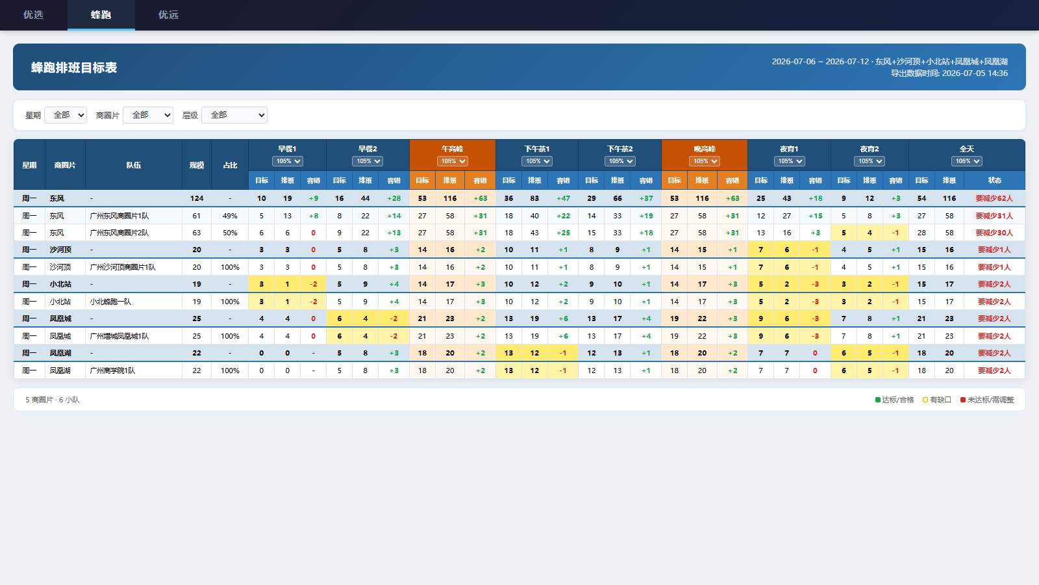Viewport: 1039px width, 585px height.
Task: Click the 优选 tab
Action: [x=33, y=15]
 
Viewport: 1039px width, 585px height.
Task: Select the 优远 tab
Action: [x=168, y=15]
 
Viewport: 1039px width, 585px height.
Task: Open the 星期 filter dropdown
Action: [x=66, y=115]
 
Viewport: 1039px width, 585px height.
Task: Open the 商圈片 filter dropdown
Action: [x=148, y=115]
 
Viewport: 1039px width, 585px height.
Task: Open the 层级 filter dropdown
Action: [x=234, y=115]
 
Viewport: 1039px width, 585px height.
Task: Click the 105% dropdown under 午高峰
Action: [x=452, y=161]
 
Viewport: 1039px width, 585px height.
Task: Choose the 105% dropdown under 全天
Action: [x=967, y=161]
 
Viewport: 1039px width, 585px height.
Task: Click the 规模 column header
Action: [x=197, y=165]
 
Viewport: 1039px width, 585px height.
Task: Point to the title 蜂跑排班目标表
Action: [x=74, y=68]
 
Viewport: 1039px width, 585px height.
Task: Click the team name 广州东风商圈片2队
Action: [x=119, y=233]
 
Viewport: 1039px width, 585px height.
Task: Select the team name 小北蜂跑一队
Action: [x=110, y=302]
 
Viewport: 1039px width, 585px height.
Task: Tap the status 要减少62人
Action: [x=994, y=198]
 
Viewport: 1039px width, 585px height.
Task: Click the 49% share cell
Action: [x=230, y=216]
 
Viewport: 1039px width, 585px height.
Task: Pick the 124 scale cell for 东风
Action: [x=197, y=198]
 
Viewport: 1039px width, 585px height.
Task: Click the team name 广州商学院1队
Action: [x=112, y=370]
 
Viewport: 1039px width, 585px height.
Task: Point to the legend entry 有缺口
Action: [x=937, y=400]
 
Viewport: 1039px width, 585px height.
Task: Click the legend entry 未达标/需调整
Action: [x=987, y=400]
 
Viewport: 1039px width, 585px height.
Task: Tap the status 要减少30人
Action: [x=994, y=233]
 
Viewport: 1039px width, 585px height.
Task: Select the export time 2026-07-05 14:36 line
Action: [x=949, y=73]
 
